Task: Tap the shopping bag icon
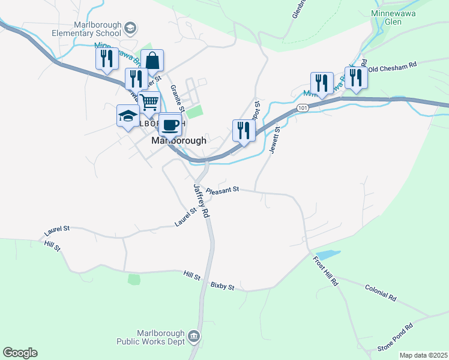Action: [152, 61]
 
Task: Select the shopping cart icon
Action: [149, 101]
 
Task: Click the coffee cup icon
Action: [170, 124]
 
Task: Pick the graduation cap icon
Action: [128, 115]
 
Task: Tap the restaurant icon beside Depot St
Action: [244, 130]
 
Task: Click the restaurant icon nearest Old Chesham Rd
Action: [356, 77]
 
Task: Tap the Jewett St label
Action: [275, 140]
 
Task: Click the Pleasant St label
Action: [223, 190]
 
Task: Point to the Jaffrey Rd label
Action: [201, 201]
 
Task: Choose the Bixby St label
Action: [221, 287]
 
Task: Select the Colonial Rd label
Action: [381, 292]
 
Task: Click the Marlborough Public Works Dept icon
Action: [194, 335]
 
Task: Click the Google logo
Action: [20, 353]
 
